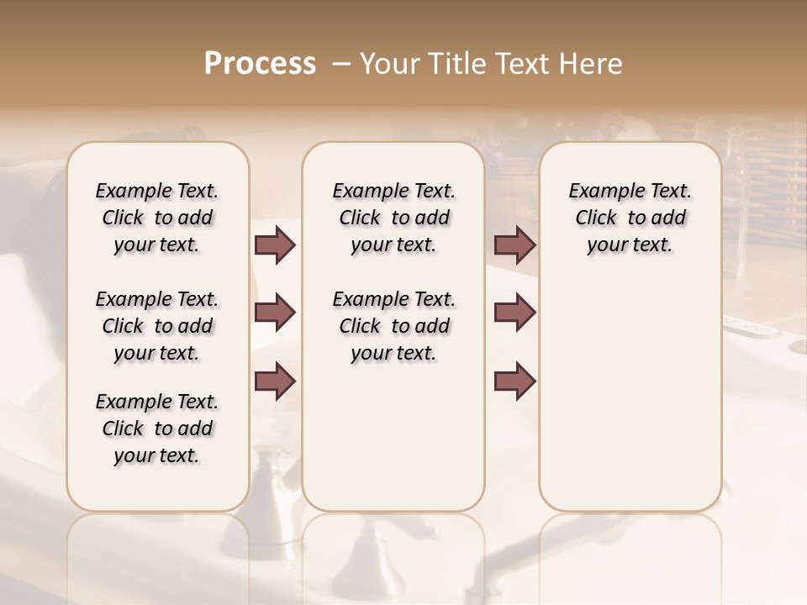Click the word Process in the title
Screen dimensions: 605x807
coord(260,63)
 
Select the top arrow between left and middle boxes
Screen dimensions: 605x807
coord(275,245)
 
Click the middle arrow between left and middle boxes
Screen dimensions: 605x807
coord(275,313)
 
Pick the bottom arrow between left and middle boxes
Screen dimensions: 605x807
coord(275,381)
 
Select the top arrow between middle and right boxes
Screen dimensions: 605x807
coord(514,245)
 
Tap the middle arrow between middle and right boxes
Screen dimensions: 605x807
coord(514,313)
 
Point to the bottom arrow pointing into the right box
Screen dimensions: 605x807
coord(514,381)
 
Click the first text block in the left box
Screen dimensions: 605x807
coord(157,218)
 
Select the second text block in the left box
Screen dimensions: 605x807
coord(157,326)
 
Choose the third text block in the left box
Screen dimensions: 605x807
coord(157,429)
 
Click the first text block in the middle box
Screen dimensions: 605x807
coord(394,218)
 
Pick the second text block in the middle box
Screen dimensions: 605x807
coord(394,326)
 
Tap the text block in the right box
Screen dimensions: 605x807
coord(630,218)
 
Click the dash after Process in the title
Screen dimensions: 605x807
coord(341,63)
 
